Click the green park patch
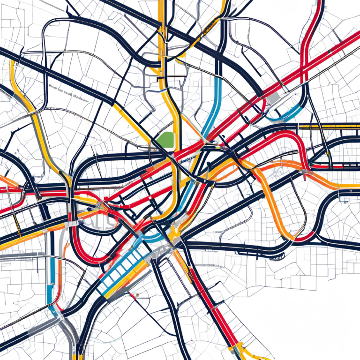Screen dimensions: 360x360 click(166, 139)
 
